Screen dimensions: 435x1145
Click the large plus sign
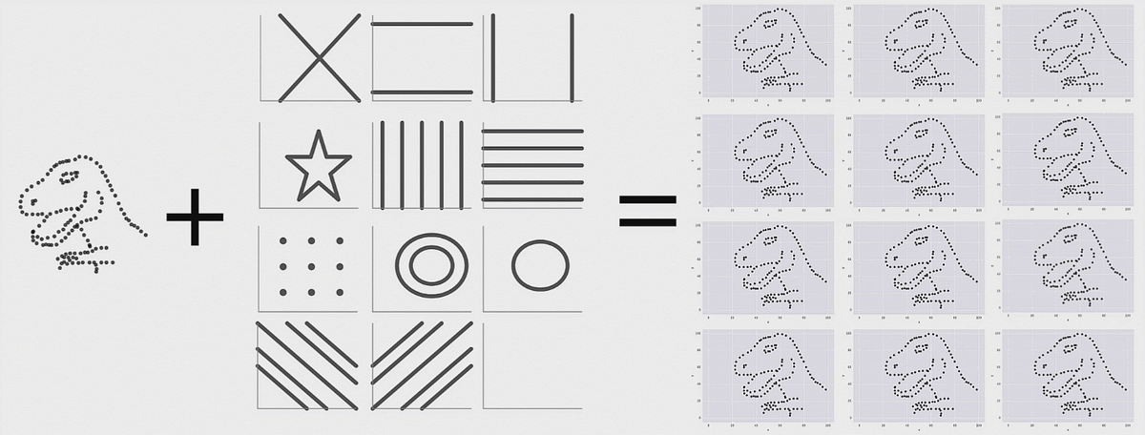(x=195, y=217)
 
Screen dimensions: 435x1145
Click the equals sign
(x=648, y=211)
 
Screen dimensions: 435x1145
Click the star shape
(x=318, y=164)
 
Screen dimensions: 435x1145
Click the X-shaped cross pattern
(x=319, y=57)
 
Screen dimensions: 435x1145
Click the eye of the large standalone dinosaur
(x=67, y=175)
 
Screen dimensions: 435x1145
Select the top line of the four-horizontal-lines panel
(x=532, y=131)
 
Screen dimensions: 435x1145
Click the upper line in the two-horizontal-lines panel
(x=422, y=23)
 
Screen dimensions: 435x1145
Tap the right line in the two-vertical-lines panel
(x=571, y=57)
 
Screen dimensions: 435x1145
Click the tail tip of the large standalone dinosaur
(x=144, y=232)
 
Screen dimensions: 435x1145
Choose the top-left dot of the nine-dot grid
(x=283, y=241)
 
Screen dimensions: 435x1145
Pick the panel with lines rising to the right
(x=422, y=367)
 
